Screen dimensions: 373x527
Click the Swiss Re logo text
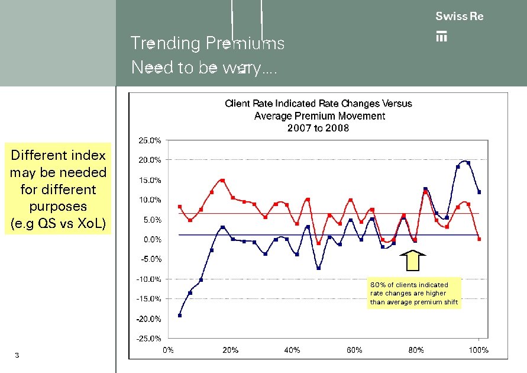pyautogui.click(x=459, y=17)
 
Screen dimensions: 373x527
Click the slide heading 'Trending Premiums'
pyautogui.click(x=207, y=43)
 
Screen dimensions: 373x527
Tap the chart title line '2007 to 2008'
pyautogui.click(x=318, y=128)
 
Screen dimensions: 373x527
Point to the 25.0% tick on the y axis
pyautogui.click(x=150, y=141)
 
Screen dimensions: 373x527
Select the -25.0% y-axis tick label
pyautogui.click(x=149, y=339)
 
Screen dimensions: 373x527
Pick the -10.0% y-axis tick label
pyautogui.click(x=149, y=279)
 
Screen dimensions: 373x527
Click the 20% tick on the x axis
pyautogui.click(x=230, y=350)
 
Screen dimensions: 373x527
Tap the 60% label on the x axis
pyautogui.click(x=354, y=350)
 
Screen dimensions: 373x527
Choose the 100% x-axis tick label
pyautogui.click(x=478, y=350)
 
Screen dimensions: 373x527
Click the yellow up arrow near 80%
pyautogui.click(x=413, y=261)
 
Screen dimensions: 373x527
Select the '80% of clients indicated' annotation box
pyautogui.click(x=414, y=294)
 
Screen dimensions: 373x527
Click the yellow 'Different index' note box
pyautogui.click(x=58, y=189)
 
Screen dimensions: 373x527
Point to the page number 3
pyautogui.click(x=17, y=355)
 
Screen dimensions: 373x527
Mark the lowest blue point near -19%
pyautogui.click(x=180, y=315)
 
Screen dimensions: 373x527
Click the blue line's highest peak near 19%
pyautogui.click(x=468, y=163)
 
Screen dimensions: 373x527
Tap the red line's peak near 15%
pyautogui.click(x=222, y=180)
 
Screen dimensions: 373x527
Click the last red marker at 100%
pyautogui.click(x=479, y=239)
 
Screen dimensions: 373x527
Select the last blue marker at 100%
pyautogui.click(x=479, y=192)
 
